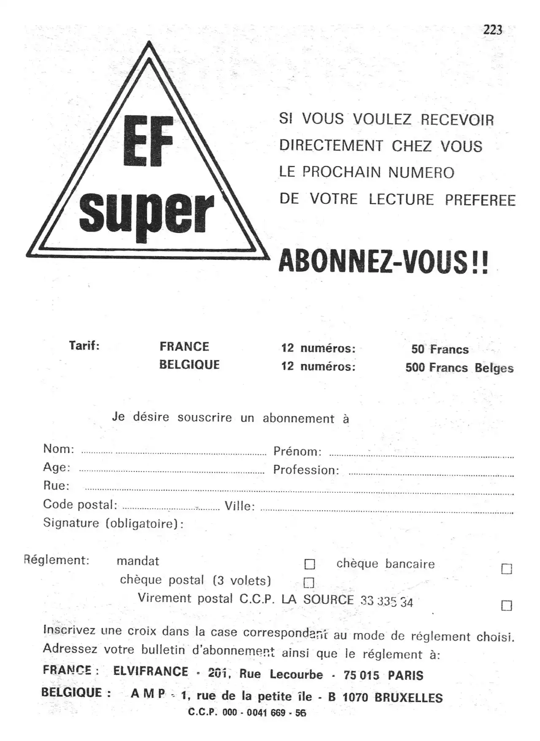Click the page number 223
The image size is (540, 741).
pyautogui.click(x=493, y=30)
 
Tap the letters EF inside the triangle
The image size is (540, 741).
pyautogui.click(x=148, y=141)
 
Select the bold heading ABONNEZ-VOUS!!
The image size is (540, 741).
pyautogui.click(x=383, y=262)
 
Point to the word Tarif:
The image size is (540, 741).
pyautogui.click(x=84, y=346)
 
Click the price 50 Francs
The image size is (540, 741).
pyautogui.click(x=440, y=349)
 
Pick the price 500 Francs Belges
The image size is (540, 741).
pyautogui.click(x=459, y=368)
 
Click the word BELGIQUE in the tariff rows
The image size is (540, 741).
pyautogui.click(x=189, y=365)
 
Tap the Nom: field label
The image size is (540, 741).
pyautogui.click(x=59, y=449)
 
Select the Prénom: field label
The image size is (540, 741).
pyautogui.click(x=297, y=452)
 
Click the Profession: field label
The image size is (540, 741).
pyautogui.click(x=306, y=470)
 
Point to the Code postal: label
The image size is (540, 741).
pyautogui.click(x=80, y=504)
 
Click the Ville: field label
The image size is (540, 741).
pyautogui.click(x=240, y=506)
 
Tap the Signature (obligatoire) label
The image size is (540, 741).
pyautogui.click(x=113, y=523)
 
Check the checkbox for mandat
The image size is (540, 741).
pyautogui.click(x=310, y=564)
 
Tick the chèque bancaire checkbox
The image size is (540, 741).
pyautogui.click(x=507, y=569)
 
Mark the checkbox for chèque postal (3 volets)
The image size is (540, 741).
pyautogui.click(x=309, y=583)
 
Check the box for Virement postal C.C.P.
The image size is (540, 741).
pyautogui.click(x=507, y=606)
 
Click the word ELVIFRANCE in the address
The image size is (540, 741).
pyautogui.click(x=151, y=671)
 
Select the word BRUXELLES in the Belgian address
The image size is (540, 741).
pyautogui.click(x=408, y=698)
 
